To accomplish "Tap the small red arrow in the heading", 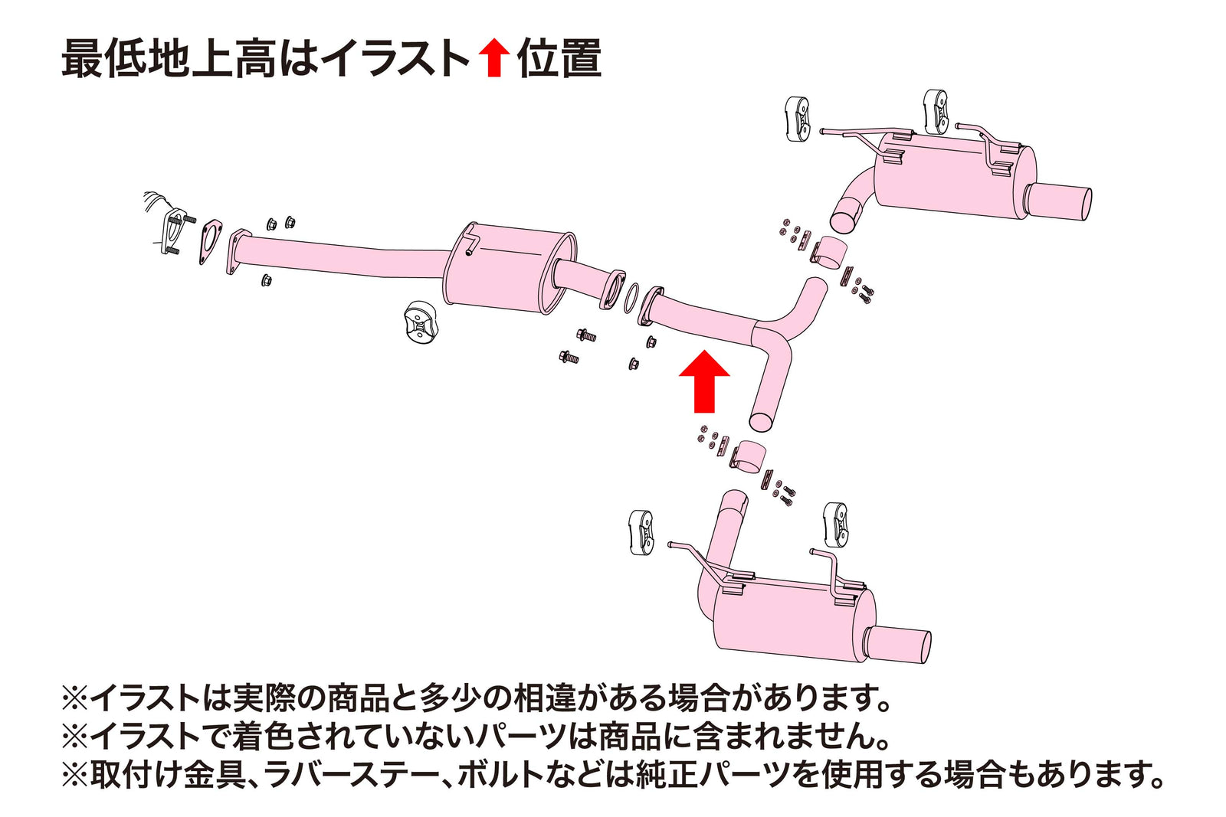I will [x=493, y=59].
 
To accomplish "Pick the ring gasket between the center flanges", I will [x=632, y=299].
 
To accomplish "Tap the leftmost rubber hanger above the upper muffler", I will [x=797, y=119].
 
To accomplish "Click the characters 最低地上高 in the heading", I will [x=168, y=59].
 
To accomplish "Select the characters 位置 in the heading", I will [x=559, y=59].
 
